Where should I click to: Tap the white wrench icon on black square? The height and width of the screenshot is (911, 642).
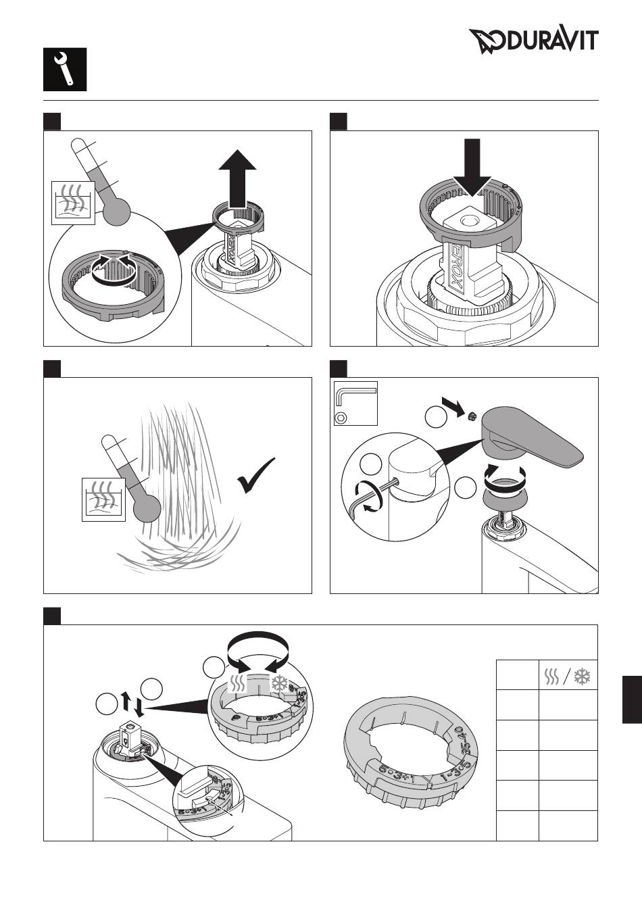(x=66, y=70)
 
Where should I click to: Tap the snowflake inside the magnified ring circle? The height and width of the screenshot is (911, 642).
(x=278, y=685)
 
